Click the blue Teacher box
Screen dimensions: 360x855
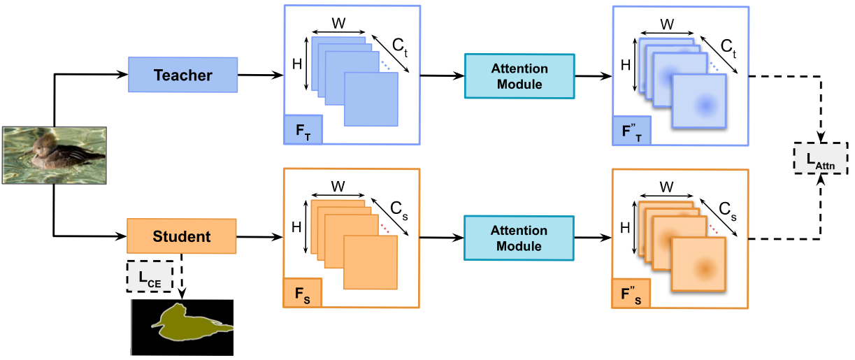coord(183,75)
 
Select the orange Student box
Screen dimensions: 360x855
coord(182,236)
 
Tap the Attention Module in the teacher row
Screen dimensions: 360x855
coord(519,76)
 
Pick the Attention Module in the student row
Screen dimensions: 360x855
coord(519,238)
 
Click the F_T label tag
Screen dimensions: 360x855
coord(303,130)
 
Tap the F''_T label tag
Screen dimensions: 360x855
coord(632,131)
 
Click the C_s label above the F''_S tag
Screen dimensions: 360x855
coord(729,209)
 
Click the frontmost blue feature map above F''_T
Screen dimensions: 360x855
coord(700,102)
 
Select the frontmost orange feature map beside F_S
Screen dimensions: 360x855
coord(371,262)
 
